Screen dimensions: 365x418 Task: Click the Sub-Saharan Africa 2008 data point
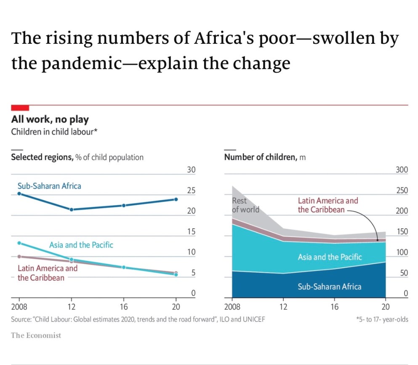coord(19,193)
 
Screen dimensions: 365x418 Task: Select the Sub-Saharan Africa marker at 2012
coord(72,209)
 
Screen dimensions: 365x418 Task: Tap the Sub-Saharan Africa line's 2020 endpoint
coord(176,199)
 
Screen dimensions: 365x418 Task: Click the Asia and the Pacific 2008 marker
coord(19,243)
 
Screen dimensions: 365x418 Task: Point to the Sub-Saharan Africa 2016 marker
coord(124,205)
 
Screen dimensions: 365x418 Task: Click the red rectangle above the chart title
coord(20,108)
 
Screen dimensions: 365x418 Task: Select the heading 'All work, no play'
coord(50,120)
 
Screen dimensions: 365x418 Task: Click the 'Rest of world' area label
coord(245,205)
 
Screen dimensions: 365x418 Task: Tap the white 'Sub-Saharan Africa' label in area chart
coord(329,287)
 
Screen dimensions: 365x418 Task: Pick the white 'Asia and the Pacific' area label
coord(330,257)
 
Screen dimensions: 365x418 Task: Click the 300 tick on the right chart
coord(402,170)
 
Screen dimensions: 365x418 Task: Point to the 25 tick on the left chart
coord(191,191)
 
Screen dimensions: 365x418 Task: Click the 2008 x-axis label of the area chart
coord(232,307)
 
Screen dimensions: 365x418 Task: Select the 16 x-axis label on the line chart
coord(124,307)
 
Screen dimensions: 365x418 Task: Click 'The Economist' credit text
coord(36,335)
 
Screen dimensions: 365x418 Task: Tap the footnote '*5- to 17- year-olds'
coord(382,319)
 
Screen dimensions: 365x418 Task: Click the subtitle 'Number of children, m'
coord(265,157)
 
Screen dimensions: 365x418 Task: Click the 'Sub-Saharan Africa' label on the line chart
coord(49,185)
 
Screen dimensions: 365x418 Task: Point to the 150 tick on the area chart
coord(402,232)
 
